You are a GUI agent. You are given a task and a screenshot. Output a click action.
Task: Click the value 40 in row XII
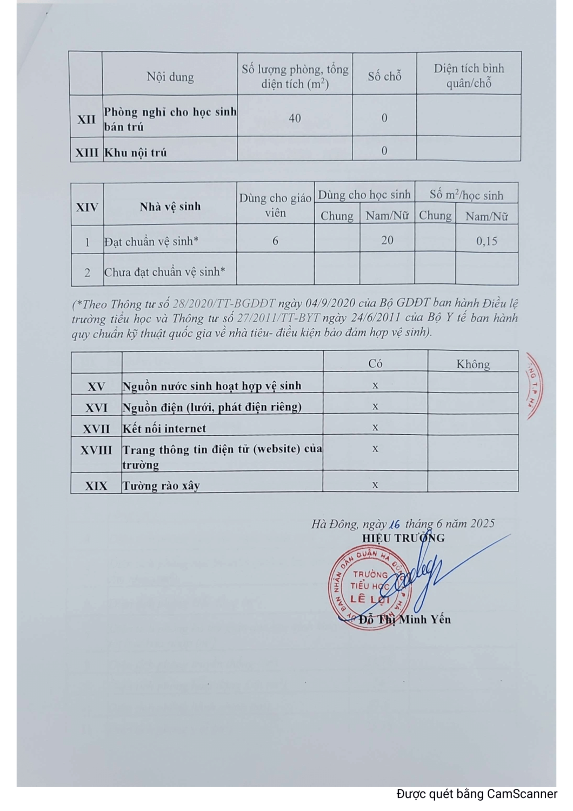[x=295, y=118]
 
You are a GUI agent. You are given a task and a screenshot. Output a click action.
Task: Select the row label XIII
[x=86, y=152]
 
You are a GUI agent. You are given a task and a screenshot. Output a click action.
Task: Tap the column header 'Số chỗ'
[x=384, y=76]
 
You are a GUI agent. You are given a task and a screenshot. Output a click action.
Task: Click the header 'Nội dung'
[x=170, y=77]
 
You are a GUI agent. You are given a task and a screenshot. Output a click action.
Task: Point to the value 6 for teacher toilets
[x=275, y=241]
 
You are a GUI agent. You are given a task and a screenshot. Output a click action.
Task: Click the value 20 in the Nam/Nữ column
[x=387, y=240]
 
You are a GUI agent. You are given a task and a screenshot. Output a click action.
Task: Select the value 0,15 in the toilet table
[x=487, y=241]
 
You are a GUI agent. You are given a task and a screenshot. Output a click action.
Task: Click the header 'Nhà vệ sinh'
[x=170, y=206]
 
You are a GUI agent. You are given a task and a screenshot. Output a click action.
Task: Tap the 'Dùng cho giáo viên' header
[x=275, y=205]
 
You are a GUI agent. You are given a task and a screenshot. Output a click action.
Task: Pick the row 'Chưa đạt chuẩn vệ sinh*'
[x=165, y=271]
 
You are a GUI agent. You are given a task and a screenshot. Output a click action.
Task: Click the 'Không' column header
[x=473, y=364]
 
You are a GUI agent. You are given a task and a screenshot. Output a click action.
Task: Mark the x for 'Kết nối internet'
[x=375, y=427]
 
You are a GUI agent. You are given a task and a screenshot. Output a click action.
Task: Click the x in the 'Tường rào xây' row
[x=375, y=485]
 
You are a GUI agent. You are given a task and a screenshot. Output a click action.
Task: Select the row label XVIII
[x=96, y=450]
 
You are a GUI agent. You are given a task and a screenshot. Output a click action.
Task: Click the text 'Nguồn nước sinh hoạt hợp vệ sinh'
[x=212, y=385]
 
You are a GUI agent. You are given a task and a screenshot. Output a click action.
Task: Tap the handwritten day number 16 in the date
[x=395, y=524]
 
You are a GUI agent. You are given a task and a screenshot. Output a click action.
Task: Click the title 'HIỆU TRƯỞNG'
[x=403, y=538]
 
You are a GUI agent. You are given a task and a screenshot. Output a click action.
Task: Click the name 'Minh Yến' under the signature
[x=425, y=619]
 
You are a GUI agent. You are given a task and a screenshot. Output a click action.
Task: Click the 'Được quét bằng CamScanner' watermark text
[x=477, y=794]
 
